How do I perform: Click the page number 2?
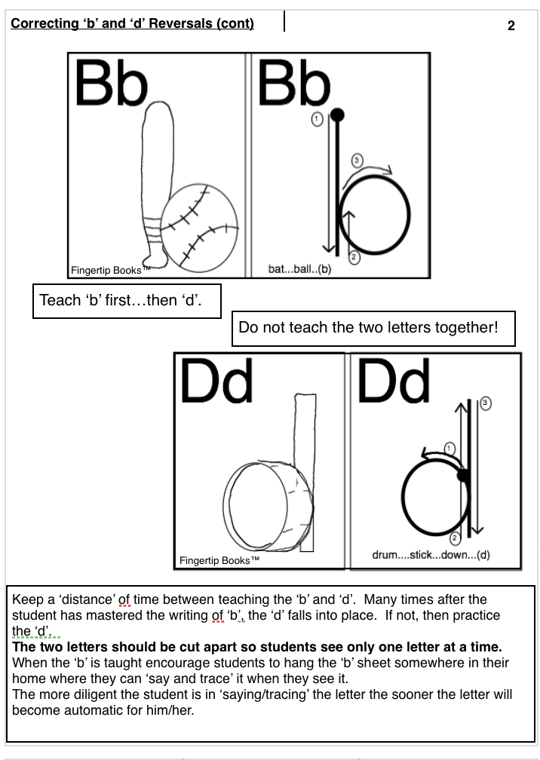click(511, 26)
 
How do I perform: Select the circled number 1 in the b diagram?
click(317, 119)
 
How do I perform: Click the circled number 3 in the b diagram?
click(357, 161)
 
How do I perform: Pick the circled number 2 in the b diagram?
click(354, 257)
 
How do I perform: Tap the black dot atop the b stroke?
click(337, 115)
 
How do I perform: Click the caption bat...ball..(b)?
click(299, 269)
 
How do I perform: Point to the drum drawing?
click(268, 506)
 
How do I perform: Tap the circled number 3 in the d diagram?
click(485, 403)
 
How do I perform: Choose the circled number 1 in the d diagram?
click(449, 449)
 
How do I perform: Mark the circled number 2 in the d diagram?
click(455, 538)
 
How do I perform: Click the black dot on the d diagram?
click(463, 476)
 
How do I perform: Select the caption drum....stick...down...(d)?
click(431, 555)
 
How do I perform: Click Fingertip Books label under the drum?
click(219, 561)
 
